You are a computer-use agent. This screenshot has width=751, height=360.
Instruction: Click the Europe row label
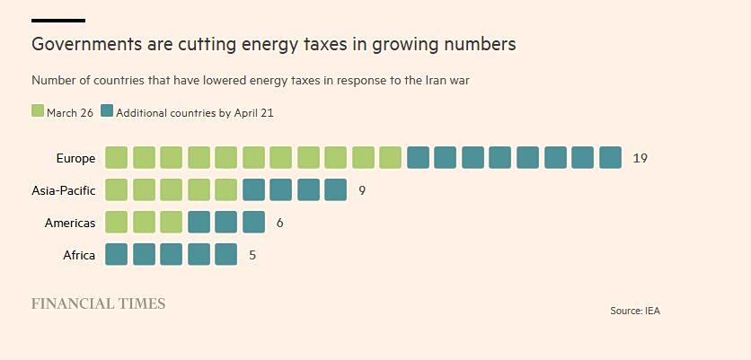click(x=75, y=158)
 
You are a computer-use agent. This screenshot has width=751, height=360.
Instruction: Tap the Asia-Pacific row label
click(x=63, y=190)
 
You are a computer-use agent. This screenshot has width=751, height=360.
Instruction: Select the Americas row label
click(x=70, y=223)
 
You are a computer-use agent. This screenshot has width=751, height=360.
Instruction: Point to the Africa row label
click(x=79, y=255)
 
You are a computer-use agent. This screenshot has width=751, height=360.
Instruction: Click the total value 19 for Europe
click(x=640, y=158)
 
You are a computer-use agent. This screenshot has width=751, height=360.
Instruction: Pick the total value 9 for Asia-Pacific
click(x=362, y=190)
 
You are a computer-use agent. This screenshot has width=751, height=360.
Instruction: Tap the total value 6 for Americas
click(x=280, y=223)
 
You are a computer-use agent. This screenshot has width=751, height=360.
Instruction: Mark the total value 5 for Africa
click(x=252, y=255)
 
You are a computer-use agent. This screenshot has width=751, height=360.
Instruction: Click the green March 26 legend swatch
click(x=38, y=111)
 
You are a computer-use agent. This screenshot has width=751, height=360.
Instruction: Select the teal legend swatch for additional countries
click(x=107, y=111)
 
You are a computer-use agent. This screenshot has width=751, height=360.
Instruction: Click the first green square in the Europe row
click(x=117, y=158)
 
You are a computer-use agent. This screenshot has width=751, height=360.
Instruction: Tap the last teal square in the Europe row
click(x=610, y=158)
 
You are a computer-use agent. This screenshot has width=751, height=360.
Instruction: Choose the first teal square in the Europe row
click(x=418, y=158)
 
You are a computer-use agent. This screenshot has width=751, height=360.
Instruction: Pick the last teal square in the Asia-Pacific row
click(x=335, y=190)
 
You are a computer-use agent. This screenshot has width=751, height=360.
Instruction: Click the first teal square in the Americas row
click(x=199, y=223)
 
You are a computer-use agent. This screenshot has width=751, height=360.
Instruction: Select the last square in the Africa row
click(x=226, y=255)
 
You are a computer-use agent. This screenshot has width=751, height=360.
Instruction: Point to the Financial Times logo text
click(x=99, y=303)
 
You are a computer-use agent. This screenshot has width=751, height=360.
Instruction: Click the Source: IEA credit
click(x=635, y=311)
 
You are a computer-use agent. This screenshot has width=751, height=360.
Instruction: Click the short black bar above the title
click(x=58, y=20)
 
